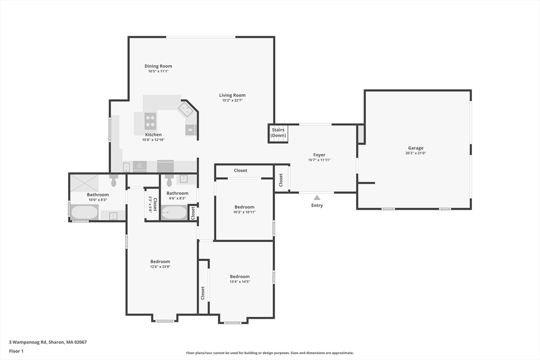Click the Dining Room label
pos(158,66)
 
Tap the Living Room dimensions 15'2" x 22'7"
pos(233,101)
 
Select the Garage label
pos(416,148)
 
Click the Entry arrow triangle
pos(317,198)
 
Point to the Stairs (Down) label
pos(278,132)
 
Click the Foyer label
pos(319,155)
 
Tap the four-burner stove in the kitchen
pos(150,121)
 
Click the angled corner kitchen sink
pos(187,110)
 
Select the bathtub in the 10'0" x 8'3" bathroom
pos(84,212)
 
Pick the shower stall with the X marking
pos(84,183)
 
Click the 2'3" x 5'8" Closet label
pos(152,205)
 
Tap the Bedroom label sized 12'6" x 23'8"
pos(160,261)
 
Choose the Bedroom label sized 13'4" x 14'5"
pos(240,276)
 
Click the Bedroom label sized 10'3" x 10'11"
pos(244,207)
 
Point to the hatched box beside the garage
pos(361,134)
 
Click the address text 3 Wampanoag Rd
pos(27,342)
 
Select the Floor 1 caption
pos(16,351)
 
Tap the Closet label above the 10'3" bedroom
pos(240,170)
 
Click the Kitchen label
pos(153,134)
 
